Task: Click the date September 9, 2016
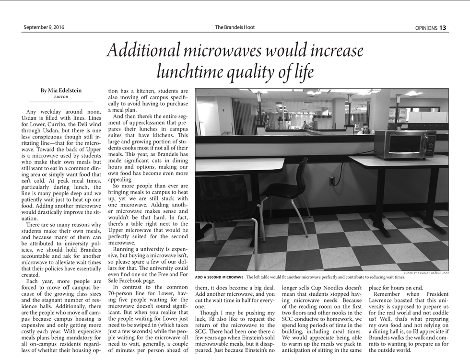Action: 44,27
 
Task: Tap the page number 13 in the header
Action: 442,28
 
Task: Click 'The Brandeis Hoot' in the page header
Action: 235,27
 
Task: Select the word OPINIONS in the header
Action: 426,28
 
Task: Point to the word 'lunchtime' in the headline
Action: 198,71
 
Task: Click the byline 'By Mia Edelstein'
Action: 60,91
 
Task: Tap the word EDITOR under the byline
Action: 60,97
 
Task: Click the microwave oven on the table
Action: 404,144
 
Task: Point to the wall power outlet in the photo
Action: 332,181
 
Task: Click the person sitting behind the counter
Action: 365,128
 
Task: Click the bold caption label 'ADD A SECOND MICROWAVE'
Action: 219,277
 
